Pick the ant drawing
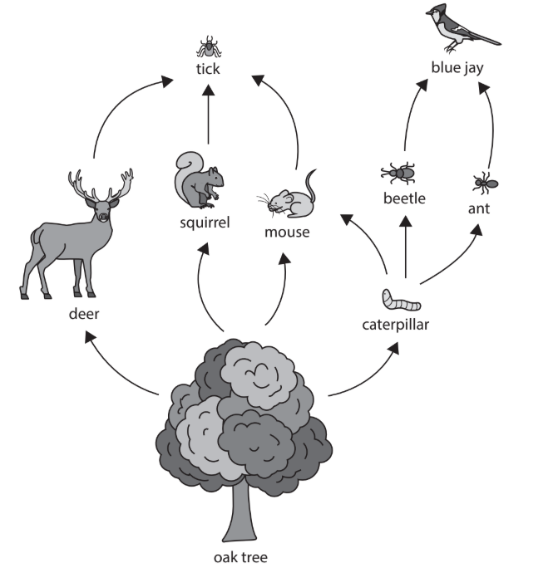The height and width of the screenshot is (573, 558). (x=483, y=182)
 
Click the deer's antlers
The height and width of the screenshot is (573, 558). (x=100, y=184)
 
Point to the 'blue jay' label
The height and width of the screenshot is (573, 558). (x=457, y=67)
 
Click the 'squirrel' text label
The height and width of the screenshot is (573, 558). (x=205, y=222)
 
